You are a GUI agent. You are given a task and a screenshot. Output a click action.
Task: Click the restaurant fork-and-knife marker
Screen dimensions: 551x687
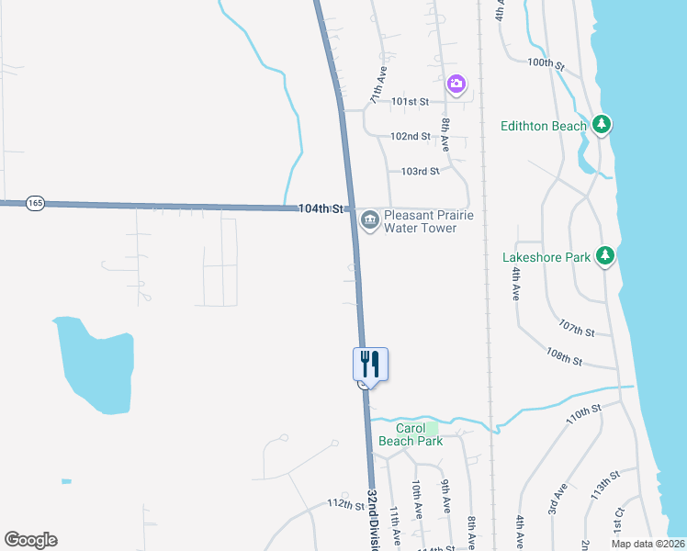click(x=370, y=363)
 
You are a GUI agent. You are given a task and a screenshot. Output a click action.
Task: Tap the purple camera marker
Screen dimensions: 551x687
click(x=456, y=84)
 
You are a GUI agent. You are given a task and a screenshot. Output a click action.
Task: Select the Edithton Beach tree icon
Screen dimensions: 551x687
click(x=602, y=124)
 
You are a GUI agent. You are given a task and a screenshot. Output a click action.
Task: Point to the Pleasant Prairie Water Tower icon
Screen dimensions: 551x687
click(x=369, y=219)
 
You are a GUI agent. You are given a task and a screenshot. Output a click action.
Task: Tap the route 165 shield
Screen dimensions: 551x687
click(x=35, y=203)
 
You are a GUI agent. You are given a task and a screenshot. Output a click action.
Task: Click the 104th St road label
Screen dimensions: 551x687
click(x=320, y=208)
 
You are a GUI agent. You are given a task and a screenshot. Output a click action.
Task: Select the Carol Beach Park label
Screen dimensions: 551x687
click(x=419, y=434)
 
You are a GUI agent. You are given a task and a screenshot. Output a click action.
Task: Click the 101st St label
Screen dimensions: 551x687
click(x=410, y=102)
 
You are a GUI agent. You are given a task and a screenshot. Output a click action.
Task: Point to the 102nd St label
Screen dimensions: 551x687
click(x=410, y=136)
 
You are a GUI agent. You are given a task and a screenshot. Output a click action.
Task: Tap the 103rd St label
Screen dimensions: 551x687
click(x=420, y=171)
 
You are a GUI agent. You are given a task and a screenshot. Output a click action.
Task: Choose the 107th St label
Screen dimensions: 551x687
click(x=577, y=327)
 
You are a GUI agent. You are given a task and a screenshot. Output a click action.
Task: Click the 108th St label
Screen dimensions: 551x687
click(x=564, y=356)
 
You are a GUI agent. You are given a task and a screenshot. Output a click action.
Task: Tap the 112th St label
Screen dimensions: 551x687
click(x=346, y=504)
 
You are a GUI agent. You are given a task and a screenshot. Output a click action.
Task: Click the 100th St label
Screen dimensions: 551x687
click(x=546, y=64)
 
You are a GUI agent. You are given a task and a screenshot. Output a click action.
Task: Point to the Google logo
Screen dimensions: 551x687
click(x=30, y=540)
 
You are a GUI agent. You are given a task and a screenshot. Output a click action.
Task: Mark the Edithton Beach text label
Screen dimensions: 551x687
click(x=544, y=126)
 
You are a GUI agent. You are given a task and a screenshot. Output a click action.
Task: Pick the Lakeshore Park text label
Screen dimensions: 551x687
click(x=546, y=258)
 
